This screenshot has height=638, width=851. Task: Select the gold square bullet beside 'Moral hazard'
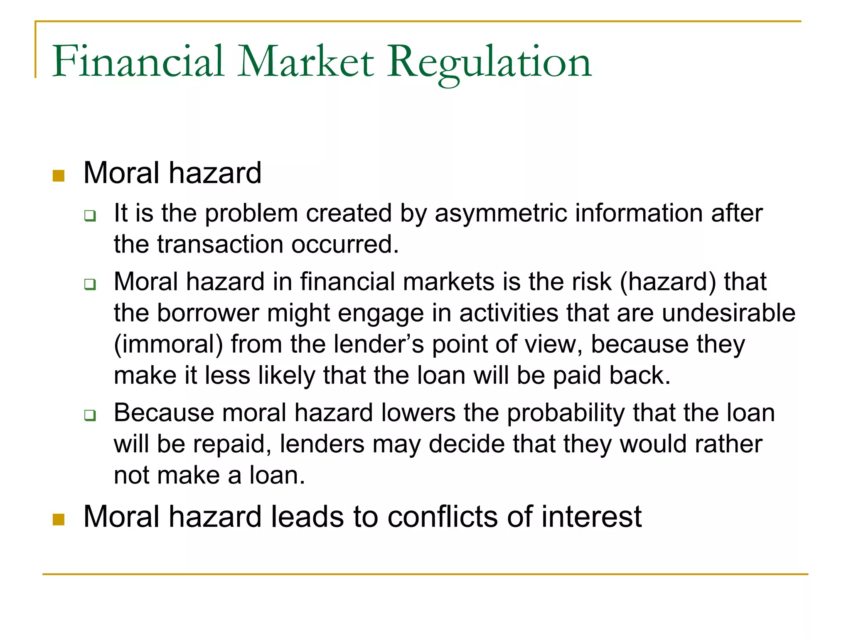tap(59, 176)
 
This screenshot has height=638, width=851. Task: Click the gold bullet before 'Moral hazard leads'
tap(59, 519)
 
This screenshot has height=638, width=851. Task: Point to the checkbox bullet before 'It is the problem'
tap(90, 216)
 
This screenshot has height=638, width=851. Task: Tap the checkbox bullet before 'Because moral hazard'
tap(90, 415)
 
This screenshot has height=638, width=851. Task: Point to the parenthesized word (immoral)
tap(168, 345)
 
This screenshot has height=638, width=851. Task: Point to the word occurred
tap(344, 244)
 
